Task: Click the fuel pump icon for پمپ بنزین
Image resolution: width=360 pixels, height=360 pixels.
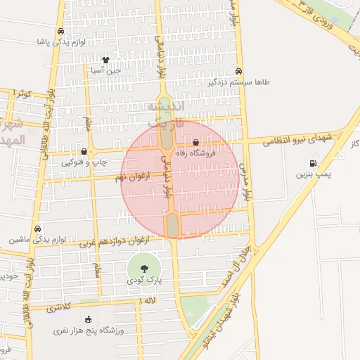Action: pyautogui.click(x=312, y=163)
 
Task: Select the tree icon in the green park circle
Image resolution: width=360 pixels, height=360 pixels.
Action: pyautogui.click(x=144, y=269)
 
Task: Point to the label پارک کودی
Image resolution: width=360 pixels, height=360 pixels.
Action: pyautogui.click(x=144, y=280)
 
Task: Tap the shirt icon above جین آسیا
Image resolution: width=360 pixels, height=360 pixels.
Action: pyautogui.click(x=105, y=60)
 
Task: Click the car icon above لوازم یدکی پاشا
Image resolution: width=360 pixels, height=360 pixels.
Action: pyautogui.click(x=61, y=32)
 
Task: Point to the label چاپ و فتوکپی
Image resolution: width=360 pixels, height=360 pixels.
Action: pyautogui.click(x=84, y=162)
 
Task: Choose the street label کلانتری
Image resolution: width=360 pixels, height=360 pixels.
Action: pyautogui.click(x=58, y=307)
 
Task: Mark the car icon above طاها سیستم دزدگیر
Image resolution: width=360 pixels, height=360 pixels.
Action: pyautogui.click(x=239, y=71)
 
